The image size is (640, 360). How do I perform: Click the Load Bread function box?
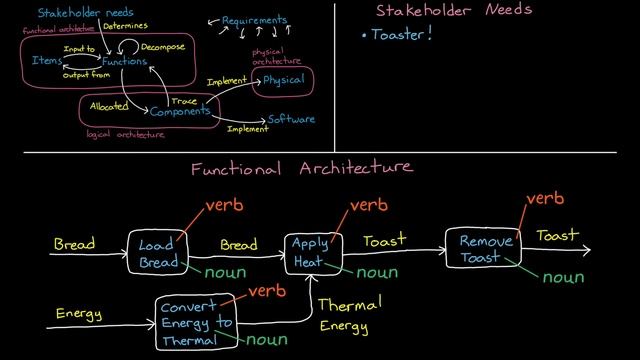point(157,252)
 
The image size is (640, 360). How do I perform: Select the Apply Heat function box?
point(309,252)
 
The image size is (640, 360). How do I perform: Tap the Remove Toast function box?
point(484,249)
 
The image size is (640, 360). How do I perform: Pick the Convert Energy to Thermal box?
point(196,323)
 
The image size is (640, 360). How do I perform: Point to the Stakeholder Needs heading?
point(453,11)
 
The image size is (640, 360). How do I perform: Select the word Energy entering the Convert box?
point(78,315)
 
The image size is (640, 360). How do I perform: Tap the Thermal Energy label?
point(344,315)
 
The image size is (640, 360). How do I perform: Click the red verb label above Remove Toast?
point(545,199)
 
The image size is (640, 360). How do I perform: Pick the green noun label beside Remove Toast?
point(563,277)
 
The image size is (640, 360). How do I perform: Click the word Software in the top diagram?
point(291,120)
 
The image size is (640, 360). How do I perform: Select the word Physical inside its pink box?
point(284,80)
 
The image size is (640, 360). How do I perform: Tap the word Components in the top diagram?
point(181,112)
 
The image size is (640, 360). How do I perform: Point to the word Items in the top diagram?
point(46,61)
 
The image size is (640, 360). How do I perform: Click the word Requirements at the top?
point(254,20)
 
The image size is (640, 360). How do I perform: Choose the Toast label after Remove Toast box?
point(557,236)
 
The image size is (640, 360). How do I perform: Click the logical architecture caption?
point(127,134)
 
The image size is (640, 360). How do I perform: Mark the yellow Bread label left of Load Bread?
point(75,244)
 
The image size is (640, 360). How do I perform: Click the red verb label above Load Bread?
point(225,206)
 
